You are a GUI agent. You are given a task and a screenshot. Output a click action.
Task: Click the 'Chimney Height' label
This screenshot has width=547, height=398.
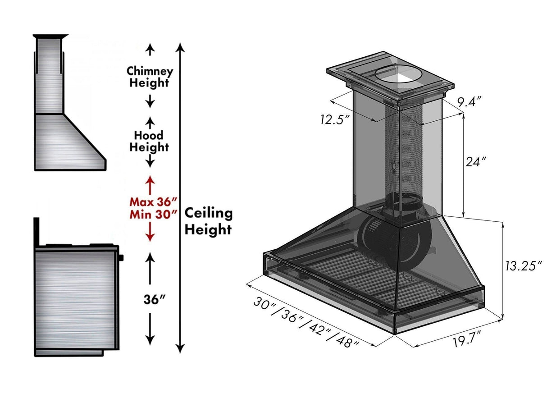(x=150, y=77)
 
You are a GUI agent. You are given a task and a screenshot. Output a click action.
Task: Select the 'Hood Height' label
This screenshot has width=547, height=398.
(x=149, y=141)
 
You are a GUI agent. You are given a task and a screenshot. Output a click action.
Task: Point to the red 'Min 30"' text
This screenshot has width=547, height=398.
(x=153, y=214)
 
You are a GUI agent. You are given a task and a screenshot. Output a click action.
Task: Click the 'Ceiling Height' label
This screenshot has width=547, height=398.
(x=209, y=221)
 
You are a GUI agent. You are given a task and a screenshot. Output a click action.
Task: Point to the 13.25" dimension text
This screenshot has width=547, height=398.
(x=522, y=266)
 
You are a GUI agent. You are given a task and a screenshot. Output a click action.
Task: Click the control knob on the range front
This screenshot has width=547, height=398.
(x=121, y=258)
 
